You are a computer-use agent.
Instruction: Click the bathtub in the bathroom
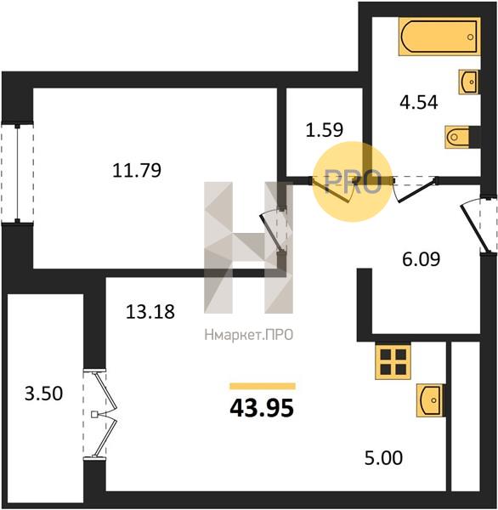tap(439, 37)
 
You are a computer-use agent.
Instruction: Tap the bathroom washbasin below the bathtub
tap(469, 82)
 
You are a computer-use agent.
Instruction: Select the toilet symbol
tap(457, 137)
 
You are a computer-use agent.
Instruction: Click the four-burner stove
tap(393, 360)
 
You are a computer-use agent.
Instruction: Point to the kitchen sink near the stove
tap(430, 400)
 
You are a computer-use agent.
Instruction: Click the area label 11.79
tap(137, 171)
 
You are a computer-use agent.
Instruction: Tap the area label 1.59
tap(325, 129)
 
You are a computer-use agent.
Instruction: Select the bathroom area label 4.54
tap(419, 102)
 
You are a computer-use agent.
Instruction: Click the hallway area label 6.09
tap(422, 259)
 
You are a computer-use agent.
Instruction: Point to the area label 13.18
tap(150, 311)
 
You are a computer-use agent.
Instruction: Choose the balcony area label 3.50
tap(43, 394)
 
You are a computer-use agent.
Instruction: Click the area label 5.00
tap(383, 458)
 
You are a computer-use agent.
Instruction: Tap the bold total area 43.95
tap(262, 408)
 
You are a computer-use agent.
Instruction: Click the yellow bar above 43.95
tap(263, 386)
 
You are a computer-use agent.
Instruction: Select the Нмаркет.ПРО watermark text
tap(249, 335)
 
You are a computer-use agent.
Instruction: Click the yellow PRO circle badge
tap(353, 182)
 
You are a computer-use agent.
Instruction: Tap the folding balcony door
tap(101, 414)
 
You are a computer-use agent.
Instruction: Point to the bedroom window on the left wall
tap(18, 172)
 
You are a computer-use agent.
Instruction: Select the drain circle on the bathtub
tap(470, 37)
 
